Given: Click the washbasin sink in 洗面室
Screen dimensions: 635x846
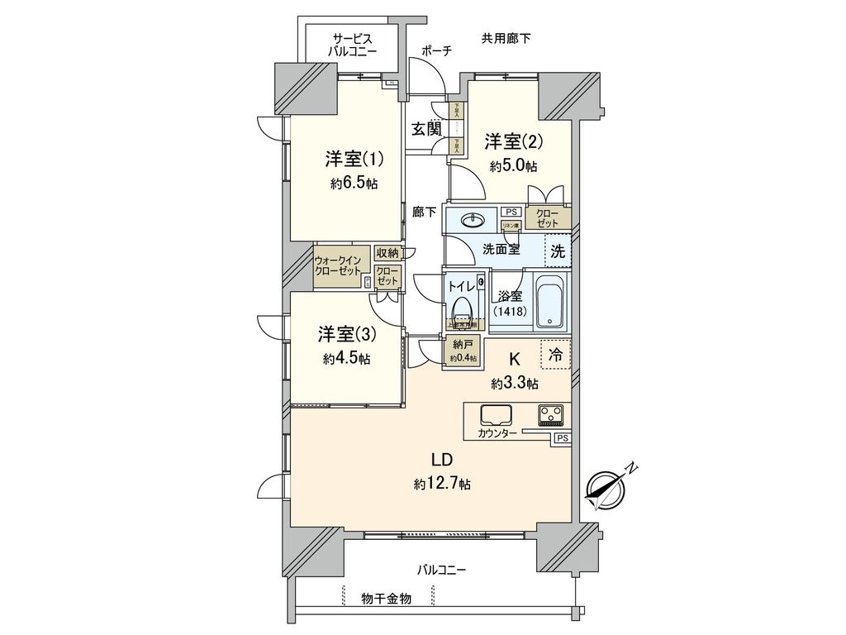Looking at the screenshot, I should point(473,221).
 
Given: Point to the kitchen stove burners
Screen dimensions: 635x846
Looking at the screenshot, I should point(550,413).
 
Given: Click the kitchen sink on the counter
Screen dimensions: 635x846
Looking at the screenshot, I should point(495,414).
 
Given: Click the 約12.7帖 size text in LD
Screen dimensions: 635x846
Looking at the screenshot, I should point(442,484).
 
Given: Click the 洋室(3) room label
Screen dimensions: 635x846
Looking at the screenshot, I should point(347,335).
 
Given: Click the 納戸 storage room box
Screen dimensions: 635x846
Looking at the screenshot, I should point(462,351).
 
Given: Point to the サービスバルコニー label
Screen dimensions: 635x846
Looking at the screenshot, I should point(353,45).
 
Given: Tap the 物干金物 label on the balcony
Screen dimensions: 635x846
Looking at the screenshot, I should point(387,598).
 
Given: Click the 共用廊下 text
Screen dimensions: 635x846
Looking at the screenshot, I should point(506,37).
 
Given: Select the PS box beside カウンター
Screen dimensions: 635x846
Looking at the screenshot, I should point(562,438).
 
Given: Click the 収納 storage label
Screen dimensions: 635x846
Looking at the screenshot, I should point(387,253).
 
